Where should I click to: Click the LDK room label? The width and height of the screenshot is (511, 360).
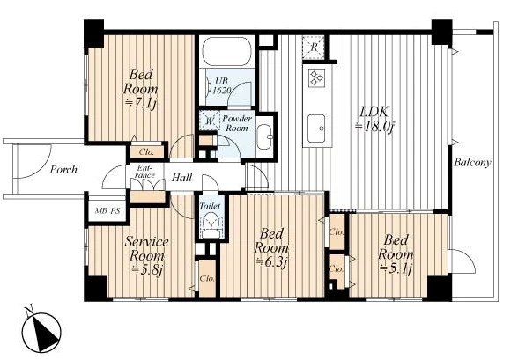pos(374,119)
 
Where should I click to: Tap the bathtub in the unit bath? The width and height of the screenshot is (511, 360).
pos(227,51)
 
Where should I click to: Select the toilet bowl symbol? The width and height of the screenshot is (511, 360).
pos(211,224)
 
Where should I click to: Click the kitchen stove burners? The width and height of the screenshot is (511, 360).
pos(315,78)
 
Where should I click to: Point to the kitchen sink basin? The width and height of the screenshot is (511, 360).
pos(316,129)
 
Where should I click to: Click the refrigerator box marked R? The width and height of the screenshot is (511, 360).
pos(313,48)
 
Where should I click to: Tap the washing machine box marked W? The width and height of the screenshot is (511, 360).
pos(210,121)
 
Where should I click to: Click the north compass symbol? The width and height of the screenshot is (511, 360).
pos(41,330)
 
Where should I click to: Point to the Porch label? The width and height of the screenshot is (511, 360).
pos(63,170)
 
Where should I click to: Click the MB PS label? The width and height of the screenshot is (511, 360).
pos(107,210)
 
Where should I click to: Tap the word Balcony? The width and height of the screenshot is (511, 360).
pos(472,162)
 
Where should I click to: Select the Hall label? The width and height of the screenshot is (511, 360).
pos(181,178)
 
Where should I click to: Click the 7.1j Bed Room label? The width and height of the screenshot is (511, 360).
pos(141,89)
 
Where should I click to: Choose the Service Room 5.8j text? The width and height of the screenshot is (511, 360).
pos(146,256)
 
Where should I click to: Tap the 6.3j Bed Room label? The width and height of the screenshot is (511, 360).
pos(271,248)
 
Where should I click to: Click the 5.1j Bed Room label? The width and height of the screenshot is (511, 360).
pos(396,254)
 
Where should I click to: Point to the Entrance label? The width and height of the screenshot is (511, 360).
pos(145,172)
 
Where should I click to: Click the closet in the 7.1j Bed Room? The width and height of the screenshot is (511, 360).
pos(146,151)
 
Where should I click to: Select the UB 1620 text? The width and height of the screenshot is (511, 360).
pos(222,85)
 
